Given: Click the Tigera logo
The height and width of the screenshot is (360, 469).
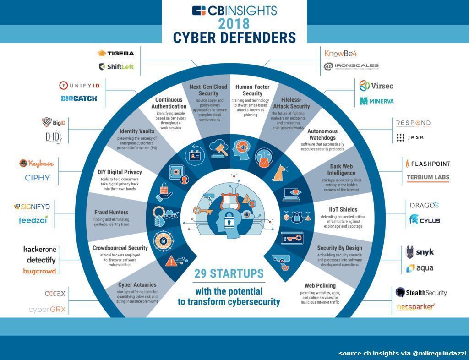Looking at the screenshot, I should click(116, 53).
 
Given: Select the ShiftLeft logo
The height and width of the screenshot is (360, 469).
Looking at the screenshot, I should click(116, 66).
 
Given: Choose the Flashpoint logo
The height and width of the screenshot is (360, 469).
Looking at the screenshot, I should click(428, 164).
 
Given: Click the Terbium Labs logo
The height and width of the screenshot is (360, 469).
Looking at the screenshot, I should click(428, 177).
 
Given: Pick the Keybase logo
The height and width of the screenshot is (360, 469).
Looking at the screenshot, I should click(36, 164).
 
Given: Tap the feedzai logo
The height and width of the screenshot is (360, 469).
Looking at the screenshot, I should click(33, 220).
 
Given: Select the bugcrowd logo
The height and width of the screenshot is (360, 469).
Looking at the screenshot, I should click(39, 271).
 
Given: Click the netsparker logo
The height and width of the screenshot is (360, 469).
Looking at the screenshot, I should click(415, 306).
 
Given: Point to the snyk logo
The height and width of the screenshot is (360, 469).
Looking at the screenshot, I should click(420, 252).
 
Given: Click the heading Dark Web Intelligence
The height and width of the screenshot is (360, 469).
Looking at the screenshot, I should click(341, 169).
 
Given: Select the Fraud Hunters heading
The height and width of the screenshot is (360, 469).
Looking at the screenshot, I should click(111, 213).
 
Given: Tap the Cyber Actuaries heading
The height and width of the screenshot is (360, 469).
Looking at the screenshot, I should click(137, 284).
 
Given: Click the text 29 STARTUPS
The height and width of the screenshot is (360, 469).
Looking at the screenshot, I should click(229, 274).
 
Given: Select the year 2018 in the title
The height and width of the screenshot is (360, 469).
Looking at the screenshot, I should click(234, 23).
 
